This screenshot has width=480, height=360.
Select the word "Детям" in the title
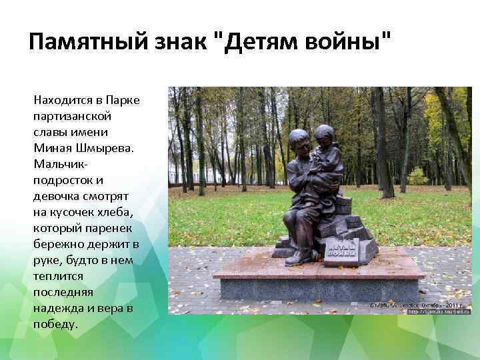(x=253, y=44)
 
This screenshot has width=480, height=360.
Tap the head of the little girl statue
(x=325, y=134)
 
